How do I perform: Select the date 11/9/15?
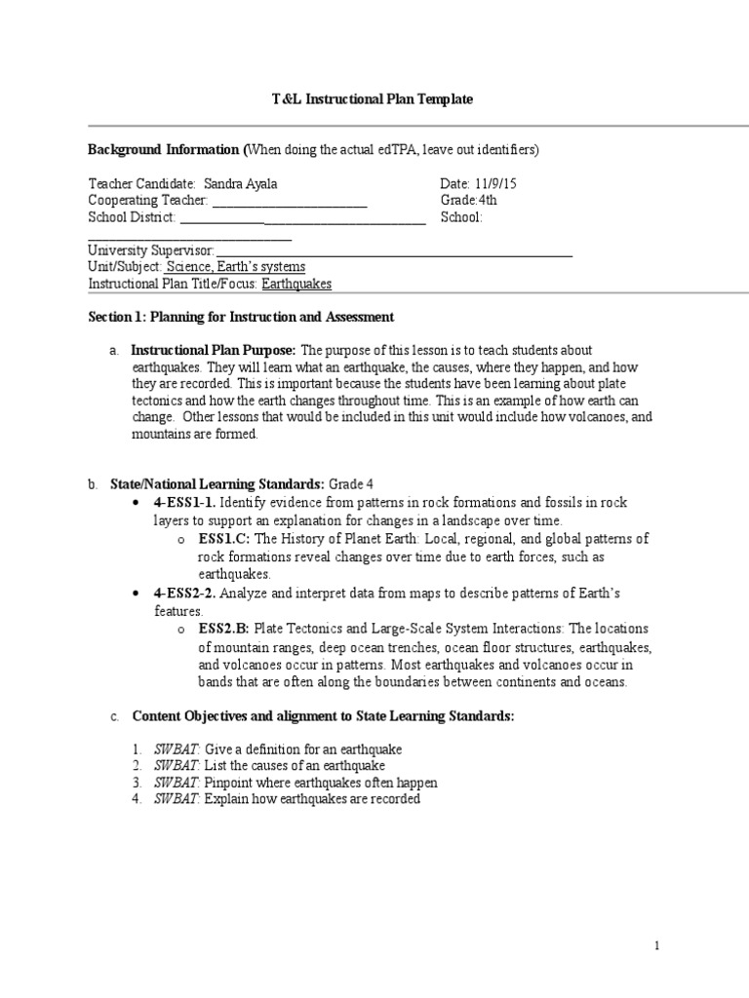point(477,184)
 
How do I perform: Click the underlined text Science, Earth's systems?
point(235,267)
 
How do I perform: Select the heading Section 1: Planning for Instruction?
point(241,317)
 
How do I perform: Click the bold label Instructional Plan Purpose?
point(214,351)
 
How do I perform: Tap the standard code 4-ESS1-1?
point(184,503)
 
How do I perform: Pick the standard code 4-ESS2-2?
point(184,594)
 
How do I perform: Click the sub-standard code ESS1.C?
point(224,539)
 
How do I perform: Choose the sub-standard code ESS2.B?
point(224,630)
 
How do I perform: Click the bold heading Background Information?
point(163,150)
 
